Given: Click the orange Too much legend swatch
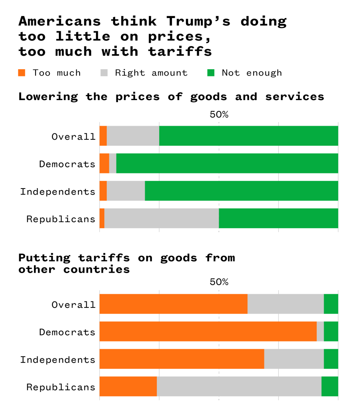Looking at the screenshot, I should tap(22, 73).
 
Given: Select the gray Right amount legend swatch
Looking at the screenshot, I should tap(104, 73).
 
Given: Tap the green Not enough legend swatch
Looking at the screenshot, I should tap(211, 73).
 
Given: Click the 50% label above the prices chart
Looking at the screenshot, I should tap(219, 115).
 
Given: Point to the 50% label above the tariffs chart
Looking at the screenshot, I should tap(219, 282).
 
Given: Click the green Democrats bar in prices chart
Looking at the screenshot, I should tap(227, 163).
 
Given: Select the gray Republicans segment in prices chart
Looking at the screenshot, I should tap(161, 219).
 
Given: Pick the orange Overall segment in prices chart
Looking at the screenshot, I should tap(103, 136).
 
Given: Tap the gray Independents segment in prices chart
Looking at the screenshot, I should tap(126, 191).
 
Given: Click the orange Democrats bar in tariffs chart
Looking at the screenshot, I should tap(208, 332).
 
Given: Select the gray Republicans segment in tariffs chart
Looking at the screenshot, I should tap(239, 387).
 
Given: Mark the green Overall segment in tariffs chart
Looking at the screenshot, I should tap(331, 304).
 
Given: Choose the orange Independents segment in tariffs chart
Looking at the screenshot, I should tap(182, 359).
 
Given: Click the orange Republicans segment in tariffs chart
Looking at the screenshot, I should tap(128, 387).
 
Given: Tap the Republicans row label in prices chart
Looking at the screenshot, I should tap(61, 219).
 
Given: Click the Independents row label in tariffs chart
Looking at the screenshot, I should tap(58, 360).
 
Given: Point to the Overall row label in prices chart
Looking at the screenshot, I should tap(73, 137).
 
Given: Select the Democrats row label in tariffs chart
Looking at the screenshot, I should tap(67, 332).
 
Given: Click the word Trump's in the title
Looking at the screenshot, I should tap(198, 21).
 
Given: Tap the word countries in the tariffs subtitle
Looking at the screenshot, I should tap(96, 269).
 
